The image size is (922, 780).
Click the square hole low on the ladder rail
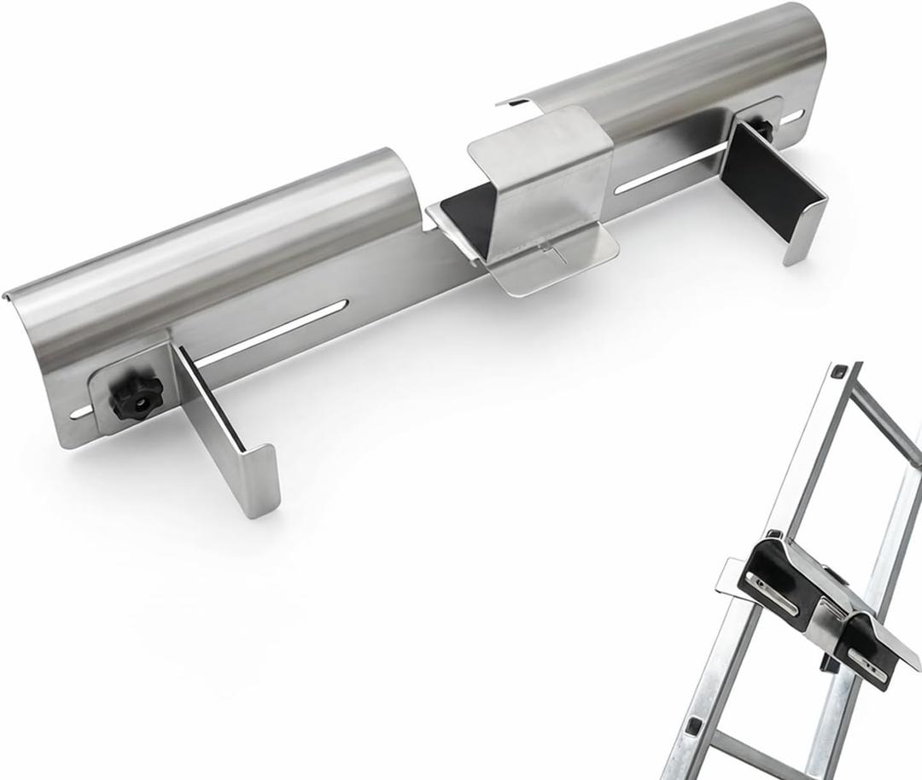coord(693,725)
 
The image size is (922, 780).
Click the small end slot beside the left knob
coord(83,413)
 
